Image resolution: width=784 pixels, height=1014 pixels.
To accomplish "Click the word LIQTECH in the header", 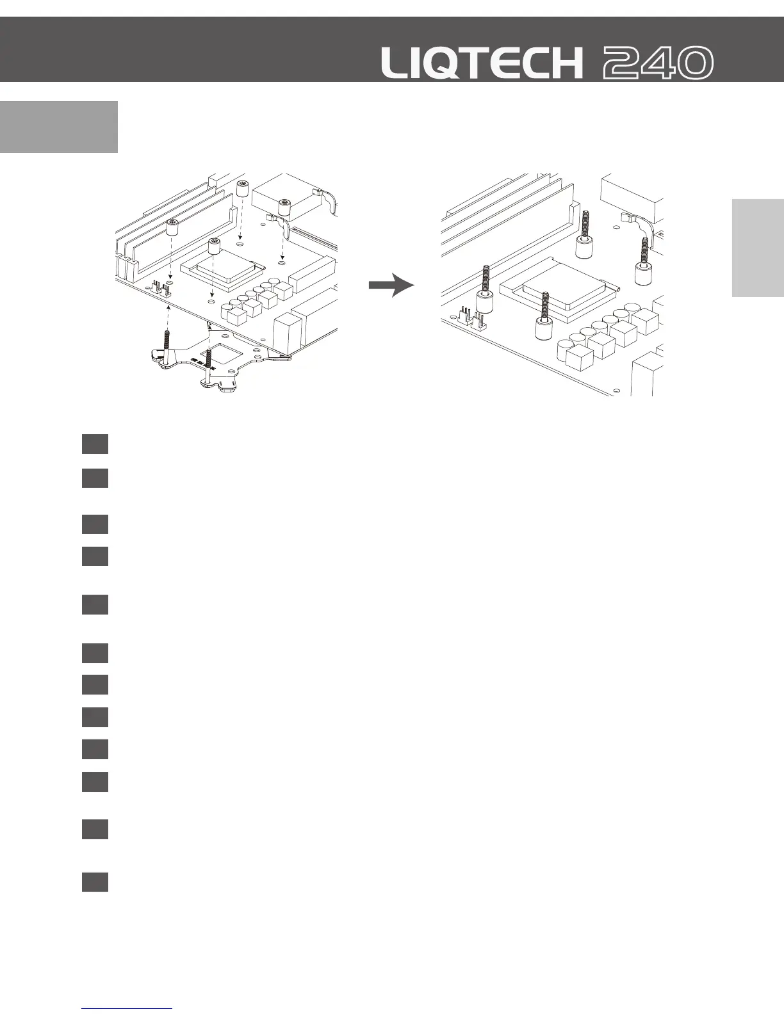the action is click(x=482, y=63).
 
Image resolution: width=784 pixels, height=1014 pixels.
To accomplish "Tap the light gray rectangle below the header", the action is click(x=59, y=127).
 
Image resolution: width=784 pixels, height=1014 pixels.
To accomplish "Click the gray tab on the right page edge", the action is click(x=758, y=248).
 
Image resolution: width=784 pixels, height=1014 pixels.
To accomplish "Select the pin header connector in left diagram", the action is click(x=161, y=289).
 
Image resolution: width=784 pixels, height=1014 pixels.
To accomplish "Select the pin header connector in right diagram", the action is click(x=473, y=316).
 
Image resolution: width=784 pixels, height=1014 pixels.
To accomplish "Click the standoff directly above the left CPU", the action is click(x=215, y=247).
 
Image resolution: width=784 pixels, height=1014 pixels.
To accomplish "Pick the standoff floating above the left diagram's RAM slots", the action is click(x=172, y=227).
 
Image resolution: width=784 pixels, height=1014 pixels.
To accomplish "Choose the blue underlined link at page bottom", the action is click(x=127, y=1009).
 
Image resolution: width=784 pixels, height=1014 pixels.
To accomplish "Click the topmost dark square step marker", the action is click(x=94, y=444).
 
